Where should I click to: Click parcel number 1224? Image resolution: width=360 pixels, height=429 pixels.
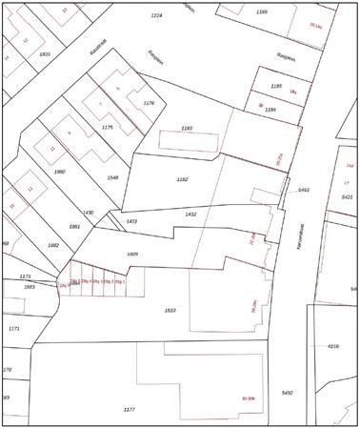(x=157, y=16)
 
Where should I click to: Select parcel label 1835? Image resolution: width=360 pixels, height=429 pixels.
(x=44, y=55)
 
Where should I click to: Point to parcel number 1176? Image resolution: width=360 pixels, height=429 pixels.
(x=148, y=103)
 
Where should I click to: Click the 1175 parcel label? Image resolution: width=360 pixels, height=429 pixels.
(x=108, y=127)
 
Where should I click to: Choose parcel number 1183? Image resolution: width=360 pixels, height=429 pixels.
(x=187, y=128)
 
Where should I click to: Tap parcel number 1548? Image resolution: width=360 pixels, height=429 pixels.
(x=113, y=177)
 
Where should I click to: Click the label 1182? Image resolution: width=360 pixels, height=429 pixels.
(x=183, y=179)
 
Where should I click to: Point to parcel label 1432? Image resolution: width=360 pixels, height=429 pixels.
(x=190, y=214)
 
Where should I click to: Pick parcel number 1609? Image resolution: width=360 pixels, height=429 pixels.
(x=132, y=255)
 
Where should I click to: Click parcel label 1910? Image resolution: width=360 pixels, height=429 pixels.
(x=170, y=311)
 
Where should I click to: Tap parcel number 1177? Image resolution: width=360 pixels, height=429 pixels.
(x=130, y=409)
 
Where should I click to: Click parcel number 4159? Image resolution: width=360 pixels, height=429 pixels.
(x=333, y=346)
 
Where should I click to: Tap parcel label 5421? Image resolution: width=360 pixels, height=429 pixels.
(x=347, y=196)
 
